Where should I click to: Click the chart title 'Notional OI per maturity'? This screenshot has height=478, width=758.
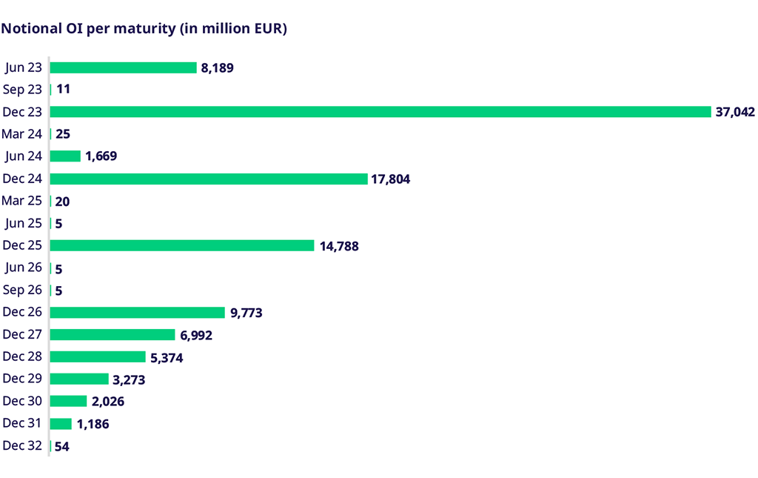pyautogui.click(x=144, y=30)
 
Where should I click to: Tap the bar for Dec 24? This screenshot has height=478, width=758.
pyautogui.click(x=209, y=179)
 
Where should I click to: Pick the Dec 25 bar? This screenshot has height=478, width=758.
pyautogui.click(x=182, y=245)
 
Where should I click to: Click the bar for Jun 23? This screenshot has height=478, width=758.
pyautogui.click(x=123, y=67)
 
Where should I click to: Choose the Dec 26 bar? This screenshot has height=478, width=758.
pyautogui.click(x=137, y=313)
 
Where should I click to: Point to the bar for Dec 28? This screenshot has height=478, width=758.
pyautogui.click(x=98, y=357)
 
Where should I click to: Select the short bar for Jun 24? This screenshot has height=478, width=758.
pyautogui.click(x=65, y=156)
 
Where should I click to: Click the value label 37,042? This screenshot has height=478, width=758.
pyautogui.click(x=735, y=112)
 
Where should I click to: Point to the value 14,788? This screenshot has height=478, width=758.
pyautogui.click(x=339, y=246)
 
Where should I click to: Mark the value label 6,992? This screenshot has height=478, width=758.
pyautogui.click(x=196, y=336)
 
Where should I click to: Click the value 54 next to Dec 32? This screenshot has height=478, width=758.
pyautogui.click(x=62, y=447)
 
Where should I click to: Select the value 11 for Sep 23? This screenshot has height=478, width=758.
pyautogui.click(x=63, y=90)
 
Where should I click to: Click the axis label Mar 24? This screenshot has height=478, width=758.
pyautogui.click(x=22, y=134)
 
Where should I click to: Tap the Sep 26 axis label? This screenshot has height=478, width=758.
pyautogui.click(x=23, y=290)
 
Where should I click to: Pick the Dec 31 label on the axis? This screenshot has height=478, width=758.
pyautogui.click(x=23, y=423)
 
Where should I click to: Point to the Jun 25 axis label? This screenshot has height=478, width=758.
pyautogui.click(x=24, y=223)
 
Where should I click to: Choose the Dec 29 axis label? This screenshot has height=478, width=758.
pyautogui.click(x=23, y=379)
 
